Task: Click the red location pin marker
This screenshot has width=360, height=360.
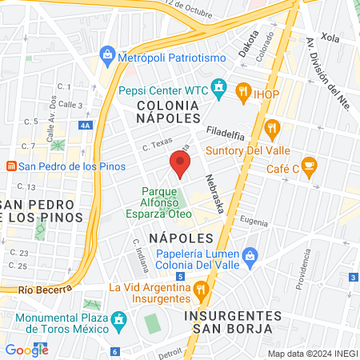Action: pos(180,165)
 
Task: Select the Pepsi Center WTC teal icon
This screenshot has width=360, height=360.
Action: pos(218,86)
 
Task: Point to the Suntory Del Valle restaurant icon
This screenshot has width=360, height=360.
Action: pos(273,126)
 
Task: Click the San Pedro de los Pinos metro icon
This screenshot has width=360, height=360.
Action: pos(11,166)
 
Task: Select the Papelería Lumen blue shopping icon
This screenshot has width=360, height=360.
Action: pos(250,255)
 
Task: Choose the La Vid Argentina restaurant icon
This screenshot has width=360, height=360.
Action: pos(202,288)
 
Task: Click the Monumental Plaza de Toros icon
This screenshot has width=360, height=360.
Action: pos(119,320)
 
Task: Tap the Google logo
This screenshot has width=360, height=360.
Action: pos(26,349)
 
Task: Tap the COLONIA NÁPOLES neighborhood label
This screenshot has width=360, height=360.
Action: pos(168,111)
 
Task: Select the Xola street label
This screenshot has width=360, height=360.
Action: pos(330,37)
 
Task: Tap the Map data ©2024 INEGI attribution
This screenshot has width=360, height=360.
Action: pos(311,353)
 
